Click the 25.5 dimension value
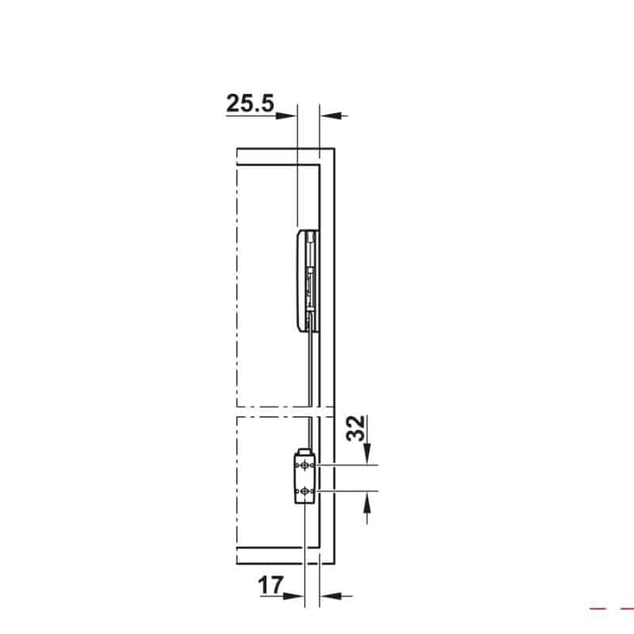(250, 103)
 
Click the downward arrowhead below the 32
(367, 456)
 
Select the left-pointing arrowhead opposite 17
(327, 595)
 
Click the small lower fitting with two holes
(304, 478)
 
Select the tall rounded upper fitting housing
(302, 279)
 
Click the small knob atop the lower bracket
(302, 449)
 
